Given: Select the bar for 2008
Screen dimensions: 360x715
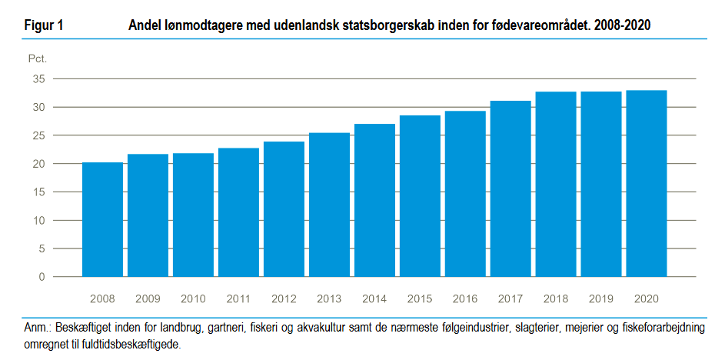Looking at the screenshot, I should (x=102, y=219).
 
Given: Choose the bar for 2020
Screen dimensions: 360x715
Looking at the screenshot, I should (x=647, y=184).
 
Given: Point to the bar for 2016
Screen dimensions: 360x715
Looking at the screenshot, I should (x=465, y=194).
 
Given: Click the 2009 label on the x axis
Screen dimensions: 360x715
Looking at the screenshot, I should (x=148, y=298).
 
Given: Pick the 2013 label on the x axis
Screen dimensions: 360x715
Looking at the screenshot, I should (x=329, y=298).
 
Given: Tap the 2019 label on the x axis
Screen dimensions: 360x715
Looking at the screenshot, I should (x=601, y=298).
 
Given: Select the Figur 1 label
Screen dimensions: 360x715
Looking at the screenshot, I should (x=44, y=25).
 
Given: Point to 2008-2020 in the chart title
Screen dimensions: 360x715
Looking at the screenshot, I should (x=621, y=25).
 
